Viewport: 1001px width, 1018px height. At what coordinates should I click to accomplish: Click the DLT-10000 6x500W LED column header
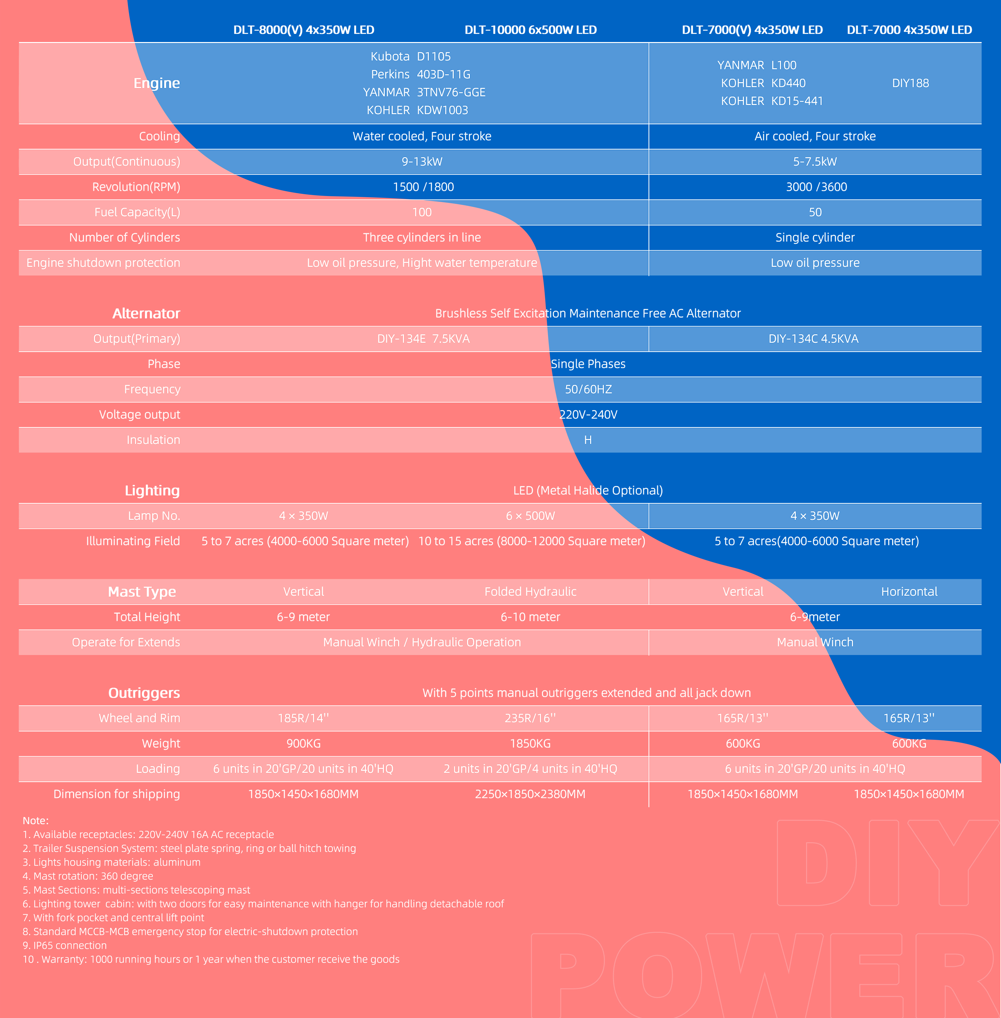pos(530,30)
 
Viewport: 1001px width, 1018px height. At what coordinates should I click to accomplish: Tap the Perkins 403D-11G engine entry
pos(421,74)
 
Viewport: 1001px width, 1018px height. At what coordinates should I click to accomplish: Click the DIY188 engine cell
pos(910,83)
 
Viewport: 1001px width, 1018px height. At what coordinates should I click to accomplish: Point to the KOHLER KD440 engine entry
pos(763,83)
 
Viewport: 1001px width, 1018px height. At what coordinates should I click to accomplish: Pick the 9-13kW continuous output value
pos(422,161)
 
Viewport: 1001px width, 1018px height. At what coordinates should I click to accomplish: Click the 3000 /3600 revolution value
pos(816,187)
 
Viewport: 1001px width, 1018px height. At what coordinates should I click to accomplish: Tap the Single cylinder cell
pos(815,237)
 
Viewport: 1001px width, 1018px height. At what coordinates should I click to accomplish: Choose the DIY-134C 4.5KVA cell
pos(813,338)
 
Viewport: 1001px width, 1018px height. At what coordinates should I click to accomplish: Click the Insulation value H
pos(588,440)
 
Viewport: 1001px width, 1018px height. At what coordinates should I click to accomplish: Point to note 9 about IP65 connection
pos(65,945)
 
